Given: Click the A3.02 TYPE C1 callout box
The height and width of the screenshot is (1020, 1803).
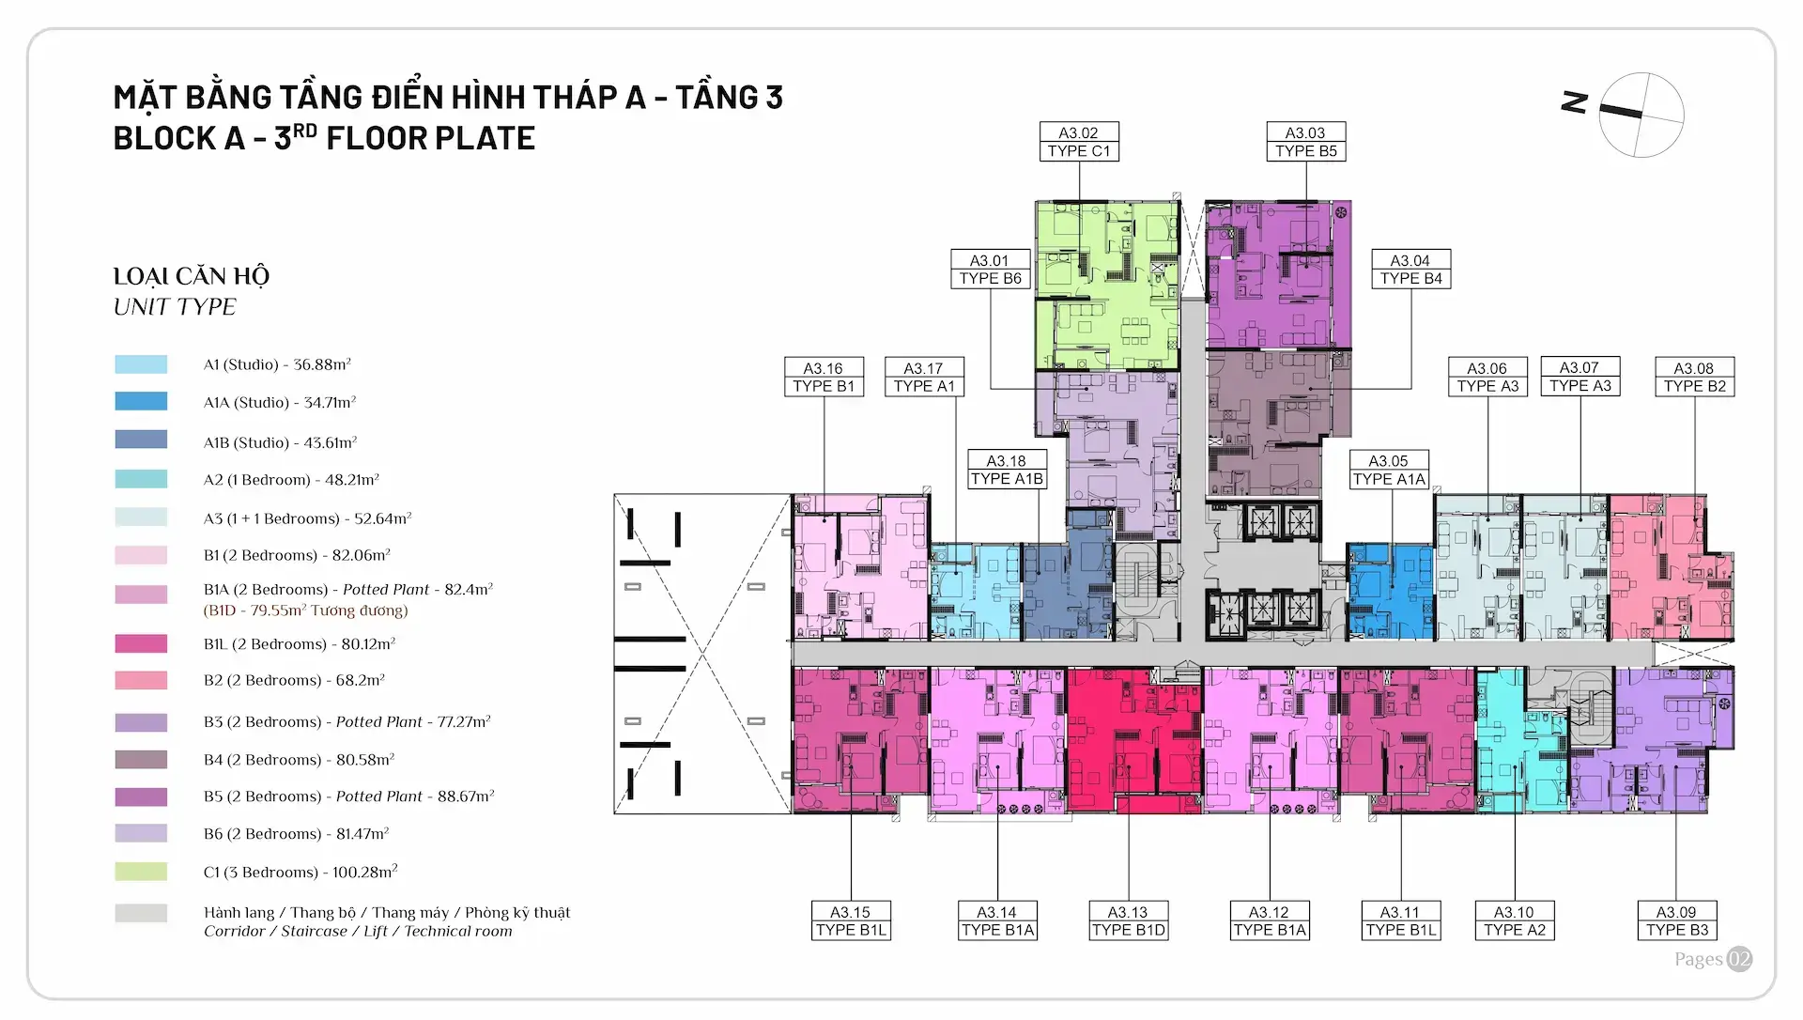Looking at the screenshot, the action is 1079,142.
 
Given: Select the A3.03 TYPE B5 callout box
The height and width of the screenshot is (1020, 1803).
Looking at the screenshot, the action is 1305,142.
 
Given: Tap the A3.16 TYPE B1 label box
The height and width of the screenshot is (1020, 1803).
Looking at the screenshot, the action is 824,377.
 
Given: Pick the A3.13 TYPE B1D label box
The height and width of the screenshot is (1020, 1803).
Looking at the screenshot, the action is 1128,920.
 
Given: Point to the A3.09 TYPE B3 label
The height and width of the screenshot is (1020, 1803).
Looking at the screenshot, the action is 1677,920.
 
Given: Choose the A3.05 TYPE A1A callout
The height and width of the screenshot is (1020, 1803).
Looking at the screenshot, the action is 1389,470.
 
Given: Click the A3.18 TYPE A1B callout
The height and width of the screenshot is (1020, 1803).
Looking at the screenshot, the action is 1007,470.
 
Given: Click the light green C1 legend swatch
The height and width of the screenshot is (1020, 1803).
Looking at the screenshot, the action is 141,872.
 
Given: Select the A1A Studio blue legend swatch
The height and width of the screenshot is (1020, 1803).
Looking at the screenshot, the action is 141,401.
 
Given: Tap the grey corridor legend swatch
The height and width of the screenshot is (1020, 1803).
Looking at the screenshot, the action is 141,913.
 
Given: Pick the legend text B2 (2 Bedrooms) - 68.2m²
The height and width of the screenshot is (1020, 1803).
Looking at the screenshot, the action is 294,679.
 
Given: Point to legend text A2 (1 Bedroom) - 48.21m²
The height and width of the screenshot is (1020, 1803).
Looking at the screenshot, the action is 291,479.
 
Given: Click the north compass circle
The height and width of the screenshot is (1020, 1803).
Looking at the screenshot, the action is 1641,115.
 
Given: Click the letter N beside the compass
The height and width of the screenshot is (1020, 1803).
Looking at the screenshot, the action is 1575,102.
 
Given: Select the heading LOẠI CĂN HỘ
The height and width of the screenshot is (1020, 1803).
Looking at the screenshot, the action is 192,276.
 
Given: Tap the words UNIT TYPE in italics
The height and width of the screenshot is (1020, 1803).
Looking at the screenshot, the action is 175,307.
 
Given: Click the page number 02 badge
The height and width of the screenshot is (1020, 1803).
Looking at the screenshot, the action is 1739,958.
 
